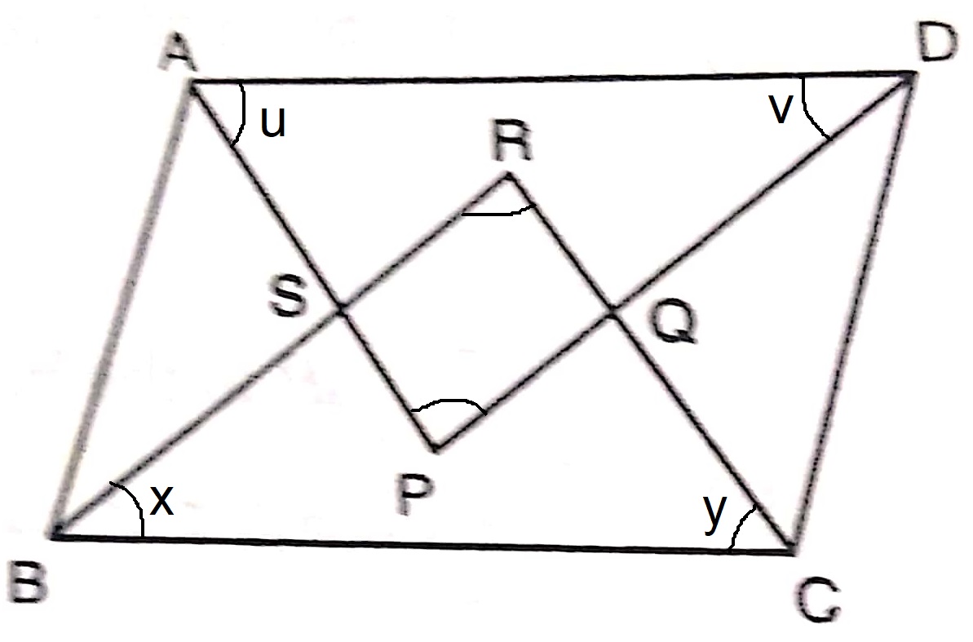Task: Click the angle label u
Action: click(272, 122)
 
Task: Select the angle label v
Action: click(781, 110)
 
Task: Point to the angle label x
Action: click(162, 501)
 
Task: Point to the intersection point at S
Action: click(340, 309)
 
